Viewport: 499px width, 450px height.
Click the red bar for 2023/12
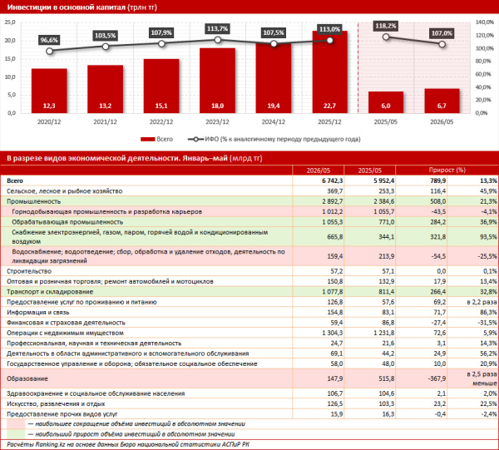click(x=217, y=81)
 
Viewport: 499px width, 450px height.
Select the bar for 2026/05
click(x=442, y=101)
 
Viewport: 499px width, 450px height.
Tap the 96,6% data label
click(x=49, y=40)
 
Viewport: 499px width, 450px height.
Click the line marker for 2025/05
click(x=386, y=37)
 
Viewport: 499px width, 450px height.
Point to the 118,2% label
click(x=386, y=26)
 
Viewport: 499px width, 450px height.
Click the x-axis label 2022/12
click(x=161, y=122)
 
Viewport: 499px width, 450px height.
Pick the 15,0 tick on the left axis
click(x=10, y=59)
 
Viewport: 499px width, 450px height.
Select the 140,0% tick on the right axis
click(x=485, y=22)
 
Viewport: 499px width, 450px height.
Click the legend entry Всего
click(x=156, y=139)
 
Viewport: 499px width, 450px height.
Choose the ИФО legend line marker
click(x=196, y=139)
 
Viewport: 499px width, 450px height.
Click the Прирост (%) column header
click(x=447, y=170)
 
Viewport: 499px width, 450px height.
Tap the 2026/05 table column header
click(x=319, y=171)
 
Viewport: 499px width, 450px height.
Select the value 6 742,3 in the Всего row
click(x=332, y=180)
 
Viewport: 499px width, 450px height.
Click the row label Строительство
click(x=29, y=271)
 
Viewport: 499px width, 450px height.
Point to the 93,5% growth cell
click(x=488, y=237)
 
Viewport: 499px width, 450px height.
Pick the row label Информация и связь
click(x=38, y=312)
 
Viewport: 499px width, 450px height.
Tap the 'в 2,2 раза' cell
click(x=482, y=302)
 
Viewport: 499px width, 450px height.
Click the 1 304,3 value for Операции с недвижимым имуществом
click(x=333, y=333)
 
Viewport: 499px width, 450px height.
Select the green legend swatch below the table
click(x=16, y=434)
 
